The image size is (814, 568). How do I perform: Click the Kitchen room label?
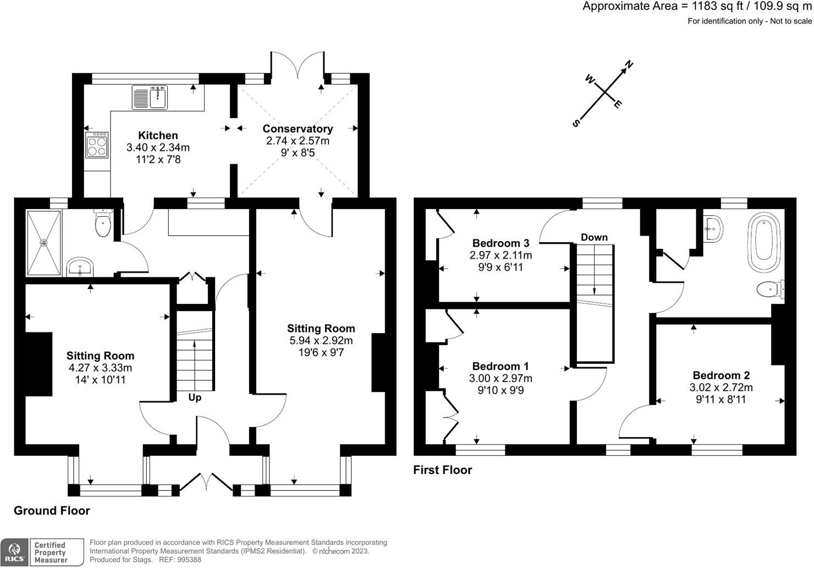158,135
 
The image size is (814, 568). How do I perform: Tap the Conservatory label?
298,129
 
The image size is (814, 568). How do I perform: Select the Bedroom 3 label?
501,243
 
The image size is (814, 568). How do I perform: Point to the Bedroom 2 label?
721,375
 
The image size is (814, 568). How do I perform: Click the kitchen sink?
150,97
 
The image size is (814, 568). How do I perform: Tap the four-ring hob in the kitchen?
97,145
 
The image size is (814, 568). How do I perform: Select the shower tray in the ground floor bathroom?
43,242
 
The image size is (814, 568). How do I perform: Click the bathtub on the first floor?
763,244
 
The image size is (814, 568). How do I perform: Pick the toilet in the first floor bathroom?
769,290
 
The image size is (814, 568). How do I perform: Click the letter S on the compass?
576,123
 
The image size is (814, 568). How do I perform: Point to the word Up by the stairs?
195,397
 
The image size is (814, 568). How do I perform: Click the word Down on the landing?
594,237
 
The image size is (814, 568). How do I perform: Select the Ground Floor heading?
52,511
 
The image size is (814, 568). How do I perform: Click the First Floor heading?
442,470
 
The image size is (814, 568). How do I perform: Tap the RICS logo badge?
15,552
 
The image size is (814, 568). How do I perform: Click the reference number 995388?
187,560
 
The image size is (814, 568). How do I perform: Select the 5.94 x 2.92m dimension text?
321,341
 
